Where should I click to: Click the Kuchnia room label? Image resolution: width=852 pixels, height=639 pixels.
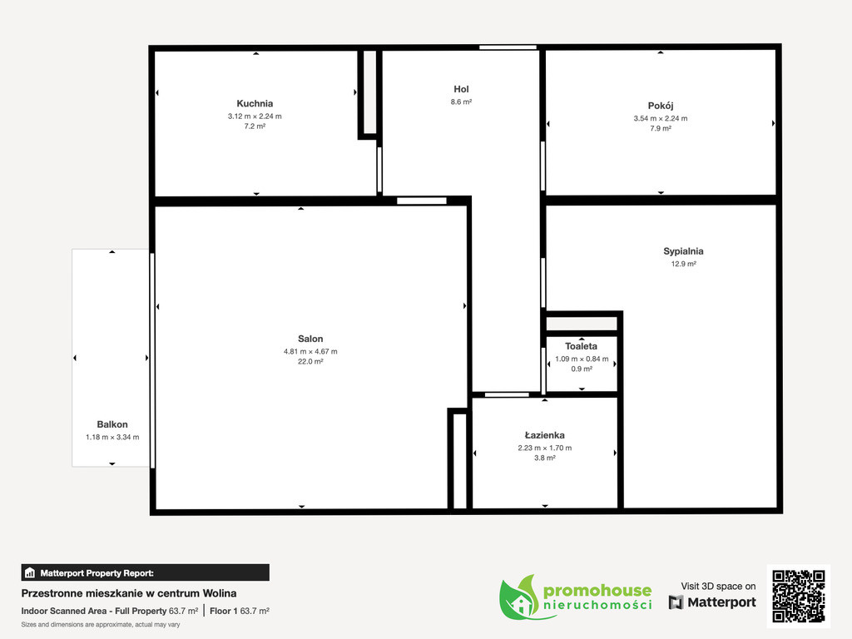[x=255, y=103]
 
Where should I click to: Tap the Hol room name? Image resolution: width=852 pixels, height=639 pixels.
[x=461, y=89]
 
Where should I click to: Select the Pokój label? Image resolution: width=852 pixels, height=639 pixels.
[x=661, y=106]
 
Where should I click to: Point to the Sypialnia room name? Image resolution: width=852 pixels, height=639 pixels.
[x=684, y=251]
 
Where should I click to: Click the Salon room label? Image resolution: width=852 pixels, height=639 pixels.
[x=310, y=339]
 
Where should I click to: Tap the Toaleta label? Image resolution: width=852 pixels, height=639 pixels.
[x=582, y=346]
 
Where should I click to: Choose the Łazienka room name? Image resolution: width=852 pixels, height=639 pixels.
[x=544, y=435]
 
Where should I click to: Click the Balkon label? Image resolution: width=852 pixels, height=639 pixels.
[x=112, y=424]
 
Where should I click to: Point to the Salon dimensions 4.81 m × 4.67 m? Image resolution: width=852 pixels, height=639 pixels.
[x=310, y=352]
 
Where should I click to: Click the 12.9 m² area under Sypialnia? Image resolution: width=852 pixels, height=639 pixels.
[x=684, y=264]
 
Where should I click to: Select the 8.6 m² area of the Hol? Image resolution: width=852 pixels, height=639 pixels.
[x=461, y=102]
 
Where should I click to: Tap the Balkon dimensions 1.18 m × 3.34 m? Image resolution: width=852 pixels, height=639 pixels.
[x=112, y=437]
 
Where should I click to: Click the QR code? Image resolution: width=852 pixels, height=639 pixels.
[x=799, y=596]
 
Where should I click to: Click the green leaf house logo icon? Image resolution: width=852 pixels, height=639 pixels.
[x=519, y=597]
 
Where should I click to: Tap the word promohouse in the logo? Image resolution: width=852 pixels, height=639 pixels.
[x=597, y=590]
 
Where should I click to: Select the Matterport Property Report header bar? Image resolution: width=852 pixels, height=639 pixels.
[x=145, y=572]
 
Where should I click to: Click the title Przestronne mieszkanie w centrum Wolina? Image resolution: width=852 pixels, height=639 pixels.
[x=129, y=593]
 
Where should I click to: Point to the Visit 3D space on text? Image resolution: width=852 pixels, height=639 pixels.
[x=718, y=587]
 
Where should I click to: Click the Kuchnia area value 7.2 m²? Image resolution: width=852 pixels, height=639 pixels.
[x=255, y=126]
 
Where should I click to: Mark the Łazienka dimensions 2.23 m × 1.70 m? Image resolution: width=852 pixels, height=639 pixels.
[x=544, y=448]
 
